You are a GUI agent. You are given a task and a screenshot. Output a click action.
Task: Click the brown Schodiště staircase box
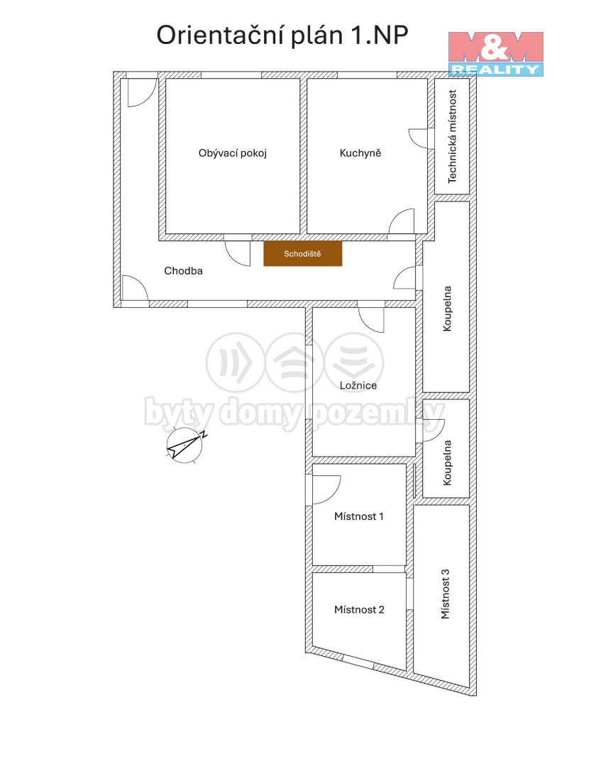pyautogui.click(x=302, y=253)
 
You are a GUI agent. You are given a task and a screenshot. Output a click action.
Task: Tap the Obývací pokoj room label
pyautogui.click(x=233, y=153)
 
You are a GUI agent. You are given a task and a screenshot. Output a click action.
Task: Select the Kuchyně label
pyautogui.click(x=360, y=153)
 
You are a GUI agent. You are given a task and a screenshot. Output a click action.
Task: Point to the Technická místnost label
pyautogui.click(x=452, y=136)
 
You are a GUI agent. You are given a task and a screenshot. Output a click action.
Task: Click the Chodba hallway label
pyautogui.click(x=183, y=271)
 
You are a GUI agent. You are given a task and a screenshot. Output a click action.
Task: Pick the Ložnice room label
pyautogui.click(x=358, y=385)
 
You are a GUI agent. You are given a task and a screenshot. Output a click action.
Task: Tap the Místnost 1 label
pyautogui.click(x=359, y=516)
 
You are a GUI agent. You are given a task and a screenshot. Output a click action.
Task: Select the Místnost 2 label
pyautogui.click(x=359, y=610)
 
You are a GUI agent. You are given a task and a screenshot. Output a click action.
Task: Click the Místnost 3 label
pyautogui.click(x=446, y=594)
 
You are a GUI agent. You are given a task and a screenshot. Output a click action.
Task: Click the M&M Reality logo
pyautogui.click(x=496, y=54)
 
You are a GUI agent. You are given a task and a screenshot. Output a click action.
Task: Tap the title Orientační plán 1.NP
pyautogui.click(x=282, y=35)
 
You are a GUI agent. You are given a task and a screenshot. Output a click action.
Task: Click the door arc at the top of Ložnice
pyautogui.click(x=372, y=320)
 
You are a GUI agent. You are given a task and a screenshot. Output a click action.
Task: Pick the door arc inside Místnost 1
pyautogui.click(x=326, y=489)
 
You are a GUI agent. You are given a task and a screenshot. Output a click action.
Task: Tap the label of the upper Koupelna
pyautogui.click(x=447, y=309)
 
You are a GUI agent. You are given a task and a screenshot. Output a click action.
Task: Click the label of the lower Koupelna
pyautogui.click(x=447, y=463)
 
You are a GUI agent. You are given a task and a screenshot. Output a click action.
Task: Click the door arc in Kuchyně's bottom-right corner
pyautogui.click(x=402, y=221)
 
